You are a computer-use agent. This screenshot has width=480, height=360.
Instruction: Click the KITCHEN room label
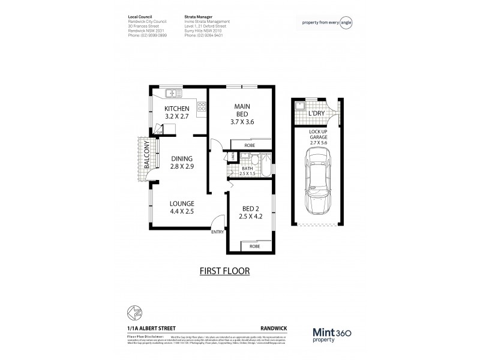coord(177,108)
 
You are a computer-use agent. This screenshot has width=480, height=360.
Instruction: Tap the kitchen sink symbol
coord(173,93)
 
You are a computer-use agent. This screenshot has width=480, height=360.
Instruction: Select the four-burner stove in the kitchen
coord(202,109)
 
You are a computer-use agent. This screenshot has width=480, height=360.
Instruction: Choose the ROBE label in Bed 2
coord(254,246)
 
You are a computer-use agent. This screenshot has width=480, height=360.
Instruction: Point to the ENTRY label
coord(217,233)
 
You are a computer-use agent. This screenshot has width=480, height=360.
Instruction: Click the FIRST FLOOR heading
coord(225,271)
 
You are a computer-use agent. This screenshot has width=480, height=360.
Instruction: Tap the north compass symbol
coord(134,313)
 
